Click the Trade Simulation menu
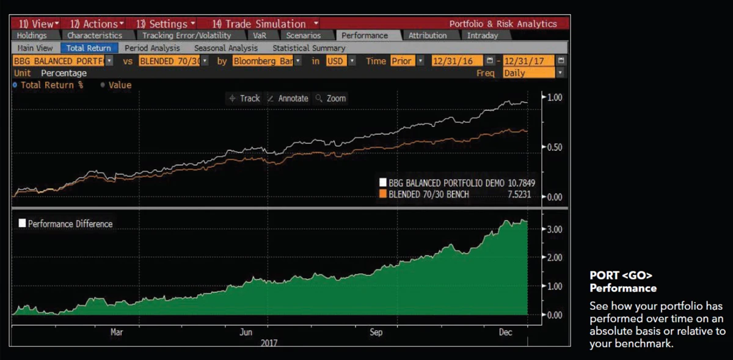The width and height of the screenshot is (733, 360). (x=259, y=24)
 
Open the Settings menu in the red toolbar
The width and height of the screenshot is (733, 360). (x=166, y=24)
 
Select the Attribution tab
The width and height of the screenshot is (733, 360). (x=428, y=35)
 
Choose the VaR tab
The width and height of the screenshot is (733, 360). (x=260, y=35)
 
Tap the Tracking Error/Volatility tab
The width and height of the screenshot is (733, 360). (x=186, y=35)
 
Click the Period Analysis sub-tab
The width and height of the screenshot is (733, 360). (x=152, y=48)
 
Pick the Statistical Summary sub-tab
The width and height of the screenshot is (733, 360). (x=308, y=48)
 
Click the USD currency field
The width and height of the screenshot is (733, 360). (x=335, y=61)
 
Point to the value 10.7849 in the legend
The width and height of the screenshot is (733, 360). (x=520, y=182)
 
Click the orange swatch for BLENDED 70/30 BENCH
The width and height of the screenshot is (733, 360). (x=383, y=194)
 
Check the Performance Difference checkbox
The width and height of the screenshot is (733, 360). (x=23, y=224)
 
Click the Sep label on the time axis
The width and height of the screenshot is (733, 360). (x=376, y=332)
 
